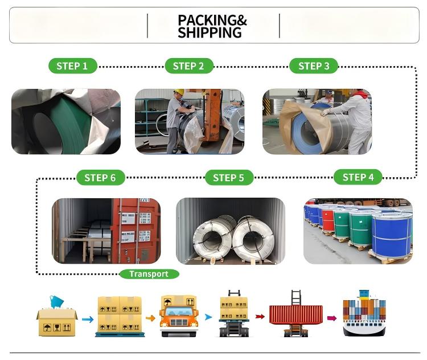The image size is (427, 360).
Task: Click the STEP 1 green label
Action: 72,66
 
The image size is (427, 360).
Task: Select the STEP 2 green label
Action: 188,66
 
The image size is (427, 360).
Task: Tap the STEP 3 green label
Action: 314,66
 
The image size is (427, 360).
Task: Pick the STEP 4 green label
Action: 358,177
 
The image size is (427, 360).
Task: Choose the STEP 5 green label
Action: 228,178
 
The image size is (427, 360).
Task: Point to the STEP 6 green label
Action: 100,178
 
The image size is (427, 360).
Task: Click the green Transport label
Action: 149,274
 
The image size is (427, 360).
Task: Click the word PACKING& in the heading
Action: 212,21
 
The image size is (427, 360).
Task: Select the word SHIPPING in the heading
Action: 210,33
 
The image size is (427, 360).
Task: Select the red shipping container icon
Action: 295,315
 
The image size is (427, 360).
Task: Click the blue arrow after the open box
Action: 87,320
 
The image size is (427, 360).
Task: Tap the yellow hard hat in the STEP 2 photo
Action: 179,92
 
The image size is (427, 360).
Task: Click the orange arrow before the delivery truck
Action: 150,318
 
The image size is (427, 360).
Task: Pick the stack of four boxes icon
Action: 119,314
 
